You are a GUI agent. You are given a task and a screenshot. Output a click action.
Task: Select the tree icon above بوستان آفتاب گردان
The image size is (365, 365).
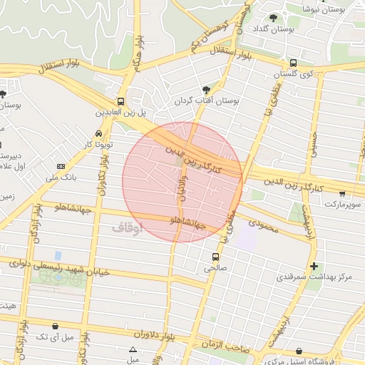pos(206,90)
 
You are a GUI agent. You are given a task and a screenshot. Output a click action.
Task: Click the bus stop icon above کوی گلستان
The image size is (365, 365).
pos(293,63)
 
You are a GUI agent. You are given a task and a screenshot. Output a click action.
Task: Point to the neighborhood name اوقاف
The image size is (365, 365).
pos(128,227)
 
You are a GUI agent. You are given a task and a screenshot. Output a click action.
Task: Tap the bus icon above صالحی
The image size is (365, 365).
pos(215,257)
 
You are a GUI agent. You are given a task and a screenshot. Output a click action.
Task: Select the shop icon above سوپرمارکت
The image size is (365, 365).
pos(342,193)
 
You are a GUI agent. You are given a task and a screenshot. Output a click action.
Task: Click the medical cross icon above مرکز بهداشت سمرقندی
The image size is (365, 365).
pos(314,267)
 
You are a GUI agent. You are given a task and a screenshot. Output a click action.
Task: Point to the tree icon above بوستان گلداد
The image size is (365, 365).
pos(274,18)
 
